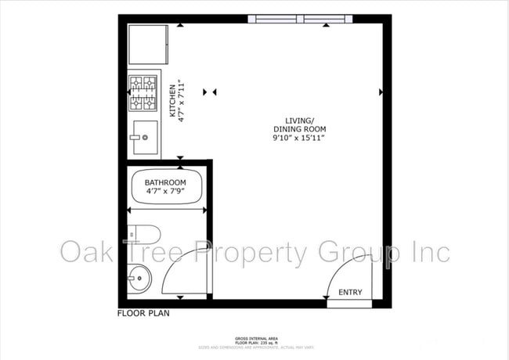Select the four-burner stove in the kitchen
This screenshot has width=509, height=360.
tap(143, 92)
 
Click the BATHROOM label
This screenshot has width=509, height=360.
tap(165, 182)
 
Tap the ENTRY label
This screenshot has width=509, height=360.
tap(350, 293)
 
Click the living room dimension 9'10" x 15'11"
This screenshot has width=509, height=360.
tap(298, 138)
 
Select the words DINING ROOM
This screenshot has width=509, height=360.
tap(299, 129)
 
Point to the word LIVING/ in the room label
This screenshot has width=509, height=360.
tap(298, 120)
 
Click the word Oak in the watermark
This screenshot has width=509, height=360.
tap(87, 253)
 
